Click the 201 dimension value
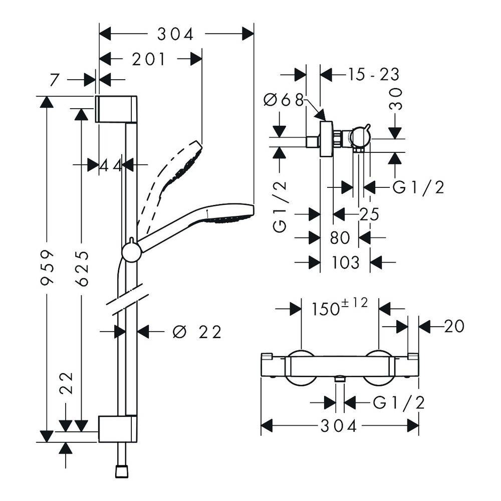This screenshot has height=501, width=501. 149,59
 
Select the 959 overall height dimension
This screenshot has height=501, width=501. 47,267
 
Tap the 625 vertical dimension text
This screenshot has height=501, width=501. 82,268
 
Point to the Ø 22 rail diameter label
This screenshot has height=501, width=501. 197,332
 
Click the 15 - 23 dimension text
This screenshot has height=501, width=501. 373,75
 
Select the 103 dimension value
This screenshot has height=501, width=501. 345,263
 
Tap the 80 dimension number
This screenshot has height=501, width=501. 340,238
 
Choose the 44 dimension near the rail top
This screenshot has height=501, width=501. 111,165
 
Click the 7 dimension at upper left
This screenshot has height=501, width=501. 55,80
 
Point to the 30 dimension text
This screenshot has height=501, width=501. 396,99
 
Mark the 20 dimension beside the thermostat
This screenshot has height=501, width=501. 454,326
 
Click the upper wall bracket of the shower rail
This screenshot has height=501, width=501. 116,109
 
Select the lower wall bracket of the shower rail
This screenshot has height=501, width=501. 118,429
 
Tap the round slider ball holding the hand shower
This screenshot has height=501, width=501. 131,253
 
